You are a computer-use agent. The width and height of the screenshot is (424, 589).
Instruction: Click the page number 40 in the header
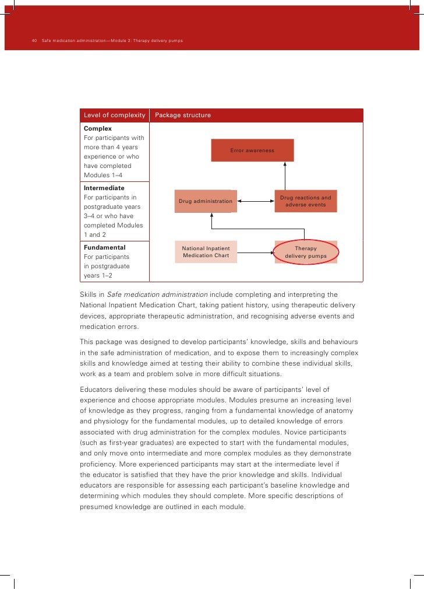coord(34,41)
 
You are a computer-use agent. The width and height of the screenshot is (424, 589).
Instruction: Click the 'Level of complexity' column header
coord(114,115)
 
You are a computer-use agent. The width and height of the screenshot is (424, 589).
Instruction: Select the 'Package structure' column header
coord(183,115)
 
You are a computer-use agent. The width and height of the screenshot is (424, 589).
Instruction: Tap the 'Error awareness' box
coord(252,150)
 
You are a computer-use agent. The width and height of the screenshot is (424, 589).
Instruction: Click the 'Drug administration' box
coord(206,201)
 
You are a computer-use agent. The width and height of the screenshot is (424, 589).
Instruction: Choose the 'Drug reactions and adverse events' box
coord(305,201)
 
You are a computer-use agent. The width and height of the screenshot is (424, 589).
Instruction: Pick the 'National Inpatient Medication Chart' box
coord(206,252)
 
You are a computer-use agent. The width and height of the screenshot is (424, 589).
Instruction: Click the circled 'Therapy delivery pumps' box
coord(306,252)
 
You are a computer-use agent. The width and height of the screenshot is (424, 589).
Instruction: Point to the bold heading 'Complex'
coord(98,128)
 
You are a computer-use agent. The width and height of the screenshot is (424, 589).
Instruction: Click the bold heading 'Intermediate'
coord(104,188)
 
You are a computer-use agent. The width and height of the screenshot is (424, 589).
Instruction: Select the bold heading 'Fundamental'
coord(105,247)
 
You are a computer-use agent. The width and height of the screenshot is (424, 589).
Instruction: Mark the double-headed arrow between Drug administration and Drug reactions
coord(256,201)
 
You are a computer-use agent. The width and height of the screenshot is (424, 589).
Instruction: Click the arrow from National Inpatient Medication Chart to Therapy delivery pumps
coord(255,253)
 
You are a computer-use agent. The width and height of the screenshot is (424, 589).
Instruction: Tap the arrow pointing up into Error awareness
coord(285,175)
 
